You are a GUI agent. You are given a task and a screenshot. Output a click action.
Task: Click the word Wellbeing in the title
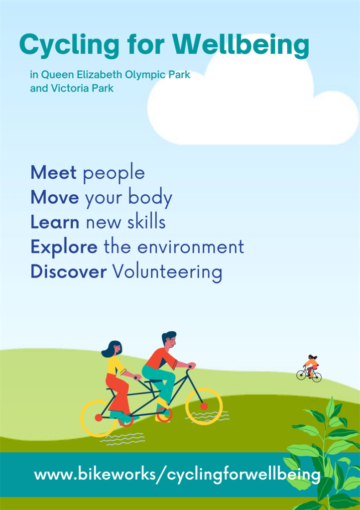pyautogui.click(x=241, y=45)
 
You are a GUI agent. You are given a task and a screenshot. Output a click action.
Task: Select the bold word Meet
pyautogui.click(x=53, y=172)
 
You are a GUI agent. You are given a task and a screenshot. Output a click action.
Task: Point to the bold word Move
pyautogui.click(x=55, y=197)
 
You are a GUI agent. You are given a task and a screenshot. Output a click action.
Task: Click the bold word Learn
pyautogui.click(x=55, y=222)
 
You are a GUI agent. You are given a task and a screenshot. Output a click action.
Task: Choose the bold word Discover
pyautogui.click(x=69, y=271)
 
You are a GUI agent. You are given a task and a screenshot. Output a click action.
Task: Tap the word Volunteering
pyautogui.click(x=167, y=272)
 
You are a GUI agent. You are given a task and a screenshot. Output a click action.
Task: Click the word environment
pyautogui.click(x=191, y=247)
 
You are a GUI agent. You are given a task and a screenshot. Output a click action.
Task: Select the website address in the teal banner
pyautogui.click(x=177, y=475)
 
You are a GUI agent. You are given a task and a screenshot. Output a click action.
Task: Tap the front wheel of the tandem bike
pyautogui.click(x=204, y=406)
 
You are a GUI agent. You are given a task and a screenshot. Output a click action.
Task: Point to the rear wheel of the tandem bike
pyautogui.click(x=99, y=418)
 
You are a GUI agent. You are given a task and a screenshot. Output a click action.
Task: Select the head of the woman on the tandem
pyautogui.click(x=113, y=349)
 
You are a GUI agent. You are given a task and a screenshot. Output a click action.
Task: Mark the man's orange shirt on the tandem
pyautogui.click(x=160, y=359)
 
